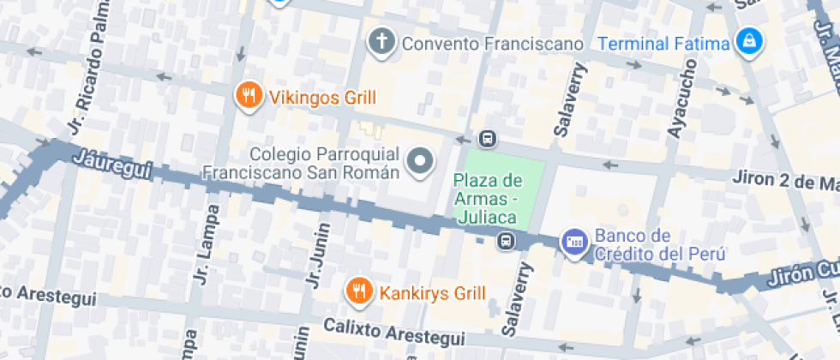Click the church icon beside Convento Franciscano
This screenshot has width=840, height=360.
(381, 41)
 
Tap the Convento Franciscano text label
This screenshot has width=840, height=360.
(492, 43)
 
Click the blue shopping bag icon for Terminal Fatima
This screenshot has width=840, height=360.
(749, 41)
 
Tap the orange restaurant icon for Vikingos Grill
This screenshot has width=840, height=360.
(249, 96)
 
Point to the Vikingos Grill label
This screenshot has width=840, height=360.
(322, 97)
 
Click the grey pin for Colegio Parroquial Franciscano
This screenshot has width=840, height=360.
(420, 160)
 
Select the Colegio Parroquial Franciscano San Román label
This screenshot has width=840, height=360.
(302, 163)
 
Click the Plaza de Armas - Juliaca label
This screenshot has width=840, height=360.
(488, 198)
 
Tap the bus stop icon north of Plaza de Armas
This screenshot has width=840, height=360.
(487, 138)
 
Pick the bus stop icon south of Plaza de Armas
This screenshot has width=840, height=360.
(507, 241)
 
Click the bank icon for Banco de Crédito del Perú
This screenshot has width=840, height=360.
(573, 242)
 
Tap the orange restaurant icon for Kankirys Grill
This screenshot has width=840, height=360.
(358, 292)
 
